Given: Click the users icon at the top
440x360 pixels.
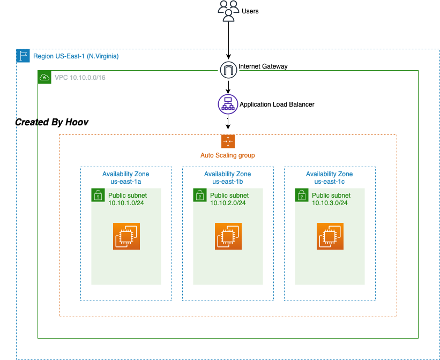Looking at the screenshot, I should click(228, 11).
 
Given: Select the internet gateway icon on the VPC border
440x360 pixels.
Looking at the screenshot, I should click(228, 70).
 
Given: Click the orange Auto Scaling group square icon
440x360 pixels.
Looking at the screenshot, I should click(228, 141).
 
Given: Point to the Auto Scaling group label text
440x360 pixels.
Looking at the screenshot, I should click(228, 155).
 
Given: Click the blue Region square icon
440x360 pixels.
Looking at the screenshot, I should click(23, 56).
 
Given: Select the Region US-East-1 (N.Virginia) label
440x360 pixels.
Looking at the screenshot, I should click(76, 56).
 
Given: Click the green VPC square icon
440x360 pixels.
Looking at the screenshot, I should click(44, 77).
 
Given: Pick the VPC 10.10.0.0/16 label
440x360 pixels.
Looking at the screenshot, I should click(80, 78).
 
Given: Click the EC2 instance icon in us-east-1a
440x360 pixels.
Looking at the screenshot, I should click(126, 236).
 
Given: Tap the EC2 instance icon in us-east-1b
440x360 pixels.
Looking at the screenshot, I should click(228, 236).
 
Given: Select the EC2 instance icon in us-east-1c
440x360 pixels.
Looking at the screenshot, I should click(330, 236).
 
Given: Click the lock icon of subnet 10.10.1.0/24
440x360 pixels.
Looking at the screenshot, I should click(98, 195).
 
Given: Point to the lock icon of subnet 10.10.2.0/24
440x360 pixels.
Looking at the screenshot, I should click(199, 195).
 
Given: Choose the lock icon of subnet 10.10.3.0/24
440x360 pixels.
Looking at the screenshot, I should click(301, 195).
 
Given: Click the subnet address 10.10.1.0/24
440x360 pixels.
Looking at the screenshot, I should click(126, 203).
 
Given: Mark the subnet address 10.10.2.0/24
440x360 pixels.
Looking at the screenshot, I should click(228, 203).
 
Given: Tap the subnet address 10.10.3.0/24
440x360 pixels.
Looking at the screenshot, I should click(330, 203).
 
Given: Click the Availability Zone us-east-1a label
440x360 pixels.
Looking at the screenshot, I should click(126, 178).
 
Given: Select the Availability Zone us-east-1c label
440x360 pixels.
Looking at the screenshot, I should click(330, 178).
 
